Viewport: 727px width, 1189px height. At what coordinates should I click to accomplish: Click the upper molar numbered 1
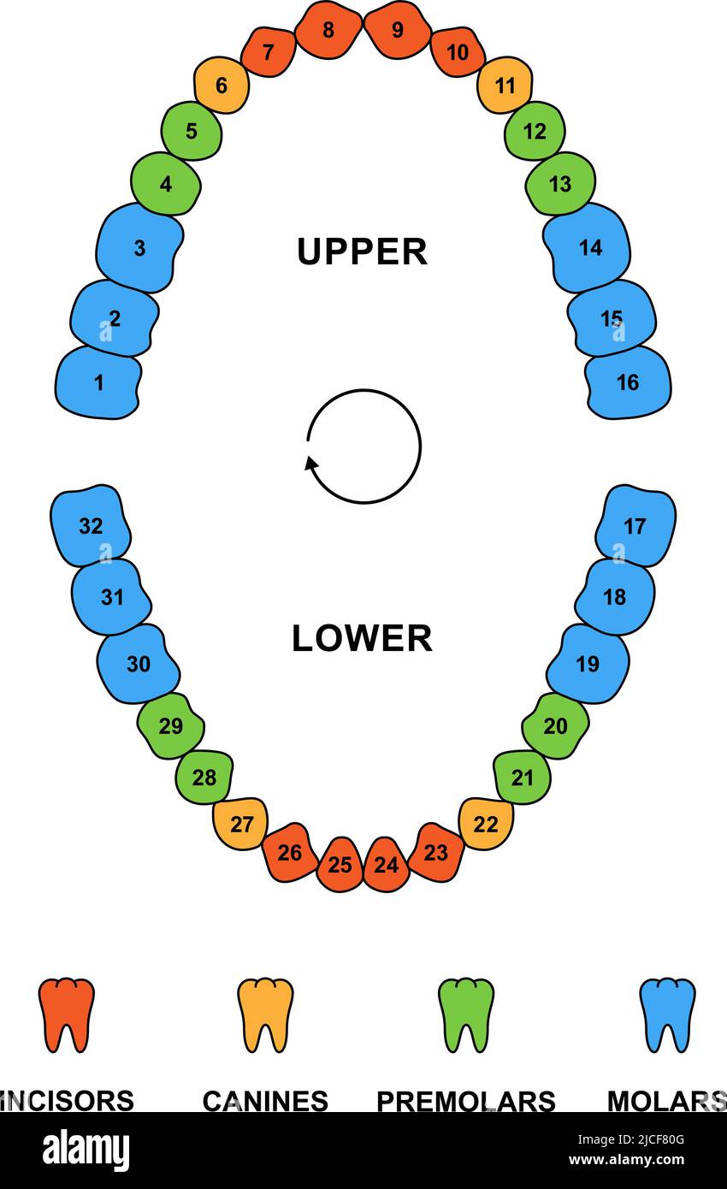click(x=98, y=382)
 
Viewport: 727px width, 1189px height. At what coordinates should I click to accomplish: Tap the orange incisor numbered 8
click(x=328, y=30)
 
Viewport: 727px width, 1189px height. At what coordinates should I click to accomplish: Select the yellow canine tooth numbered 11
click(x=505, y=86)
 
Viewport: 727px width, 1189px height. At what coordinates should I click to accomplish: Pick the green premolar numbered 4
click(x=166, y=184)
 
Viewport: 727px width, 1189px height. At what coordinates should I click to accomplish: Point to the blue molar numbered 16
click(x=628, y=382)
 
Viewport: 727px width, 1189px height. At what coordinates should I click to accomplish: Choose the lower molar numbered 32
click(x=90, y=525)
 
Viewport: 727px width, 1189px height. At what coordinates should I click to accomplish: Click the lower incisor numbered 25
click(x=340, y=865)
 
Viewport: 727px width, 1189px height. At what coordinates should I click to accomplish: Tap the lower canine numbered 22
click(x=486, y=824)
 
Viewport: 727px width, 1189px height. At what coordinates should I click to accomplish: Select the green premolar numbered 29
click(x=171, y=726)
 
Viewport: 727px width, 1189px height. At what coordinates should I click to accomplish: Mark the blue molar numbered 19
click(x=588, y=664)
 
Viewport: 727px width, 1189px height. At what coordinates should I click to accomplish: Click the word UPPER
click(x=362, y=251)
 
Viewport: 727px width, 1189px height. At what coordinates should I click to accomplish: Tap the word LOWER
click(x=362, y=638)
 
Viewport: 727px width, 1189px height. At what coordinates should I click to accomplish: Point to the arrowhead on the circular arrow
click(x=312, y=464)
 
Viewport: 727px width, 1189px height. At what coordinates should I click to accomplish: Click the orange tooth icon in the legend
click(x=67, y=1014)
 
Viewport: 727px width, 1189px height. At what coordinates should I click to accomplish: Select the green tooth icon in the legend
click(x=466, y=1014)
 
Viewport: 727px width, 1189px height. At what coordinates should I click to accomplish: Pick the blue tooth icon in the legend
click(x=667, y=1014)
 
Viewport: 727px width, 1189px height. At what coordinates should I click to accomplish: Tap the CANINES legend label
click(x=265, y=1101)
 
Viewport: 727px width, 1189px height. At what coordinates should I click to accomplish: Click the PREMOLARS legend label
click(x=466, y=1101)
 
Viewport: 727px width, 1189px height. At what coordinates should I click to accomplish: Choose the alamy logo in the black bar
click(x=86, y=1151)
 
